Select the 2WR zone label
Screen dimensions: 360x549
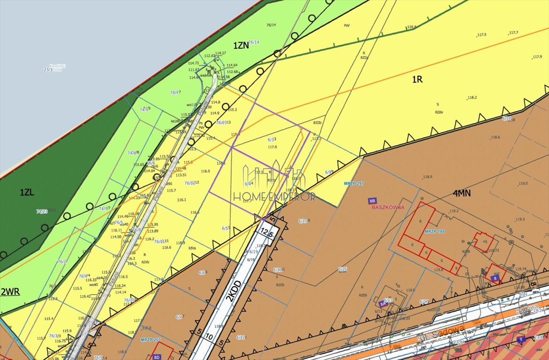(x=10, y=291)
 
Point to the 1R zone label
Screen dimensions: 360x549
(x=417, y=79)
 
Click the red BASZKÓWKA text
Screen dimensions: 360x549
(x=387, y=207)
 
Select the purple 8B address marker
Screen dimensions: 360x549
(x=372, y=201)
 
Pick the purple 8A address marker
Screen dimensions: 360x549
(x=383, y=304)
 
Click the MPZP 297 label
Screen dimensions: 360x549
(x=354, y=183)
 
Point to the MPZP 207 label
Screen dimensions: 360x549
(x=150, y=339)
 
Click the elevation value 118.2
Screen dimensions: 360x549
(x=472, y=97)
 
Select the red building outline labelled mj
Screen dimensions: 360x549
(x=482, y=241)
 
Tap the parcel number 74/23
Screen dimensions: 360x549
(x=42, y=211)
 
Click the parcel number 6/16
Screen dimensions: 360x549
(x=342, y=269)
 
